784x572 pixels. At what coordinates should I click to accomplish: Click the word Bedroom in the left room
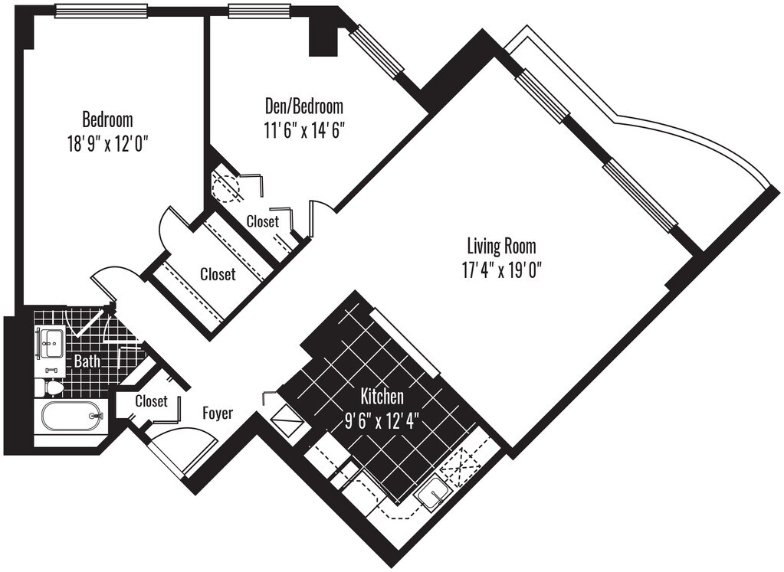click(x=107, y=120)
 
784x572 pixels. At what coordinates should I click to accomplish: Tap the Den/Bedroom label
click(x=303, y=106)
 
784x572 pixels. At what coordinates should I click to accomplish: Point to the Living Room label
click(x=501, y=247)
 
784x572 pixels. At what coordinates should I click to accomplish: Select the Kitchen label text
click(x=382, y=397)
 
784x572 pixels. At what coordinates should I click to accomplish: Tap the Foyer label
click(x=218, y=413)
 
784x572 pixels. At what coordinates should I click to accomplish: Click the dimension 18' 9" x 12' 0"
click(x=107, y=143)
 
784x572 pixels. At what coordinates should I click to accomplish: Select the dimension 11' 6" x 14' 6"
click(x=303, y=129)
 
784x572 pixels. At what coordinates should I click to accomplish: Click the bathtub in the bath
click(x=70, y=417)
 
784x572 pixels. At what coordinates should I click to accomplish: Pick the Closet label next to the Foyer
click(x=151, y=401)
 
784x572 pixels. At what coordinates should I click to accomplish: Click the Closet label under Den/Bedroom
click(x=263, y=221)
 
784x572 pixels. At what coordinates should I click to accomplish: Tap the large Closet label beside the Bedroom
click(x=218, y=274)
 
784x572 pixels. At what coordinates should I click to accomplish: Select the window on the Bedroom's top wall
click(x=101, y=11)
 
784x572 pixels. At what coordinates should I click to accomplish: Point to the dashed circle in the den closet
click(x=225, y=186)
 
